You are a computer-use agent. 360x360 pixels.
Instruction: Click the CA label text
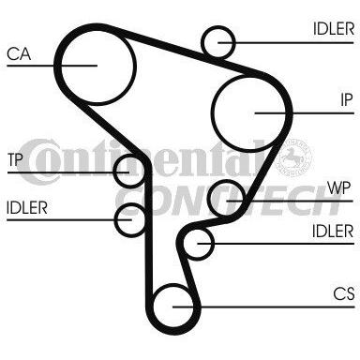[19, 54]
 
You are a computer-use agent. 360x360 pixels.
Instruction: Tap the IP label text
[346, 100]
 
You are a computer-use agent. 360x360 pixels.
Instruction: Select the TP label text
[15, 159]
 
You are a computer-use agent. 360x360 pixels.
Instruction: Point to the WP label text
[339, 187]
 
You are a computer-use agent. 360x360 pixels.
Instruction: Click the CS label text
[343, 293]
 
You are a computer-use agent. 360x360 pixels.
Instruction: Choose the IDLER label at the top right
[334, 29]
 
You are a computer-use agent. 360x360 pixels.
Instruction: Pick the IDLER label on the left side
[27, 207]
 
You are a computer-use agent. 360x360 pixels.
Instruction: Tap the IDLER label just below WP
[333, 232]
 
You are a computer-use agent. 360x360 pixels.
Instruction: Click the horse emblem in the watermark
[295, 156]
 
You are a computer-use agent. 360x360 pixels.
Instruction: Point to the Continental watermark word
[142, 160]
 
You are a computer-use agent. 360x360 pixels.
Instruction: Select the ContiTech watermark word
[228, 201]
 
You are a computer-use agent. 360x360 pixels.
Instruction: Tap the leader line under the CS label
[263, 307]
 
